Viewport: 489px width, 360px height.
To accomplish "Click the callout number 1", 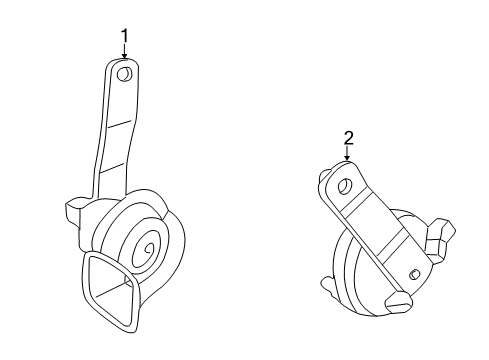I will point(125,37).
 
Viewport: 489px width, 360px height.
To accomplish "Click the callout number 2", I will point(347,139).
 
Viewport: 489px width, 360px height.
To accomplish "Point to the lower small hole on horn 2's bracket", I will point(410,275).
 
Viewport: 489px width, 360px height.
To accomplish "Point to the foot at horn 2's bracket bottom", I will point(400,301).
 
